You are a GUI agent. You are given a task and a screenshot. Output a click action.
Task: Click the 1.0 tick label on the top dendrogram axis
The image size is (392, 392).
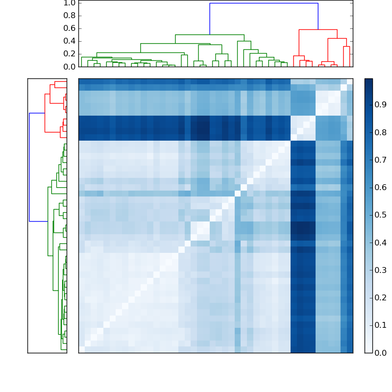69,3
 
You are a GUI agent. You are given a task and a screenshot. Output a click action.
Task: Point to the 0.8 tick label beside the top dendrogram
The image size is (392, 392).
69,15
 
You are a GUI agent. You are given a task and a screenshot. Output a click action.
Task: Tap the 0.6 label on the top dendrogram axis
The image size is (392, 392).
69,28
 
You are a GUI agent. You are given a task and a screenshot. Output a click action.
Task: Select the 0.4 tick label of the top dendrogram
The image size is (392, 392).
69,41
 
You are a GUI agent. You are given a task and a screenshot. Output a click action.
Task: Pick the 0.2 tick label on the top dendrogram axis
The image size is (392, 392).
69,53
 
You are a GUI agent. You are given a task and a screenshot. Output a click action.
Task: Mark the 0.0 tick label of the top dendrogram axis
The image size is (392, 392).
69,66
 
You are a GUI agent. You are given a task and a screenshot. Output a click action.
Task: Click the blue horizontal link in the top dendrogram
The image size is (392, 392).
264,3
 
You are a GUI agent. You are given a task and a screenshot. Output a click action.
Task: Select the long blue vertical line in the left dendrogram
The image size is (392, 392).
29,167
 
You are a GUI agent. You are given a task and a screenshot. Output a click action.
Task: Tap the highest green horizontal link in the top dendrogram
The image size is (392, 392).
210,35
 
